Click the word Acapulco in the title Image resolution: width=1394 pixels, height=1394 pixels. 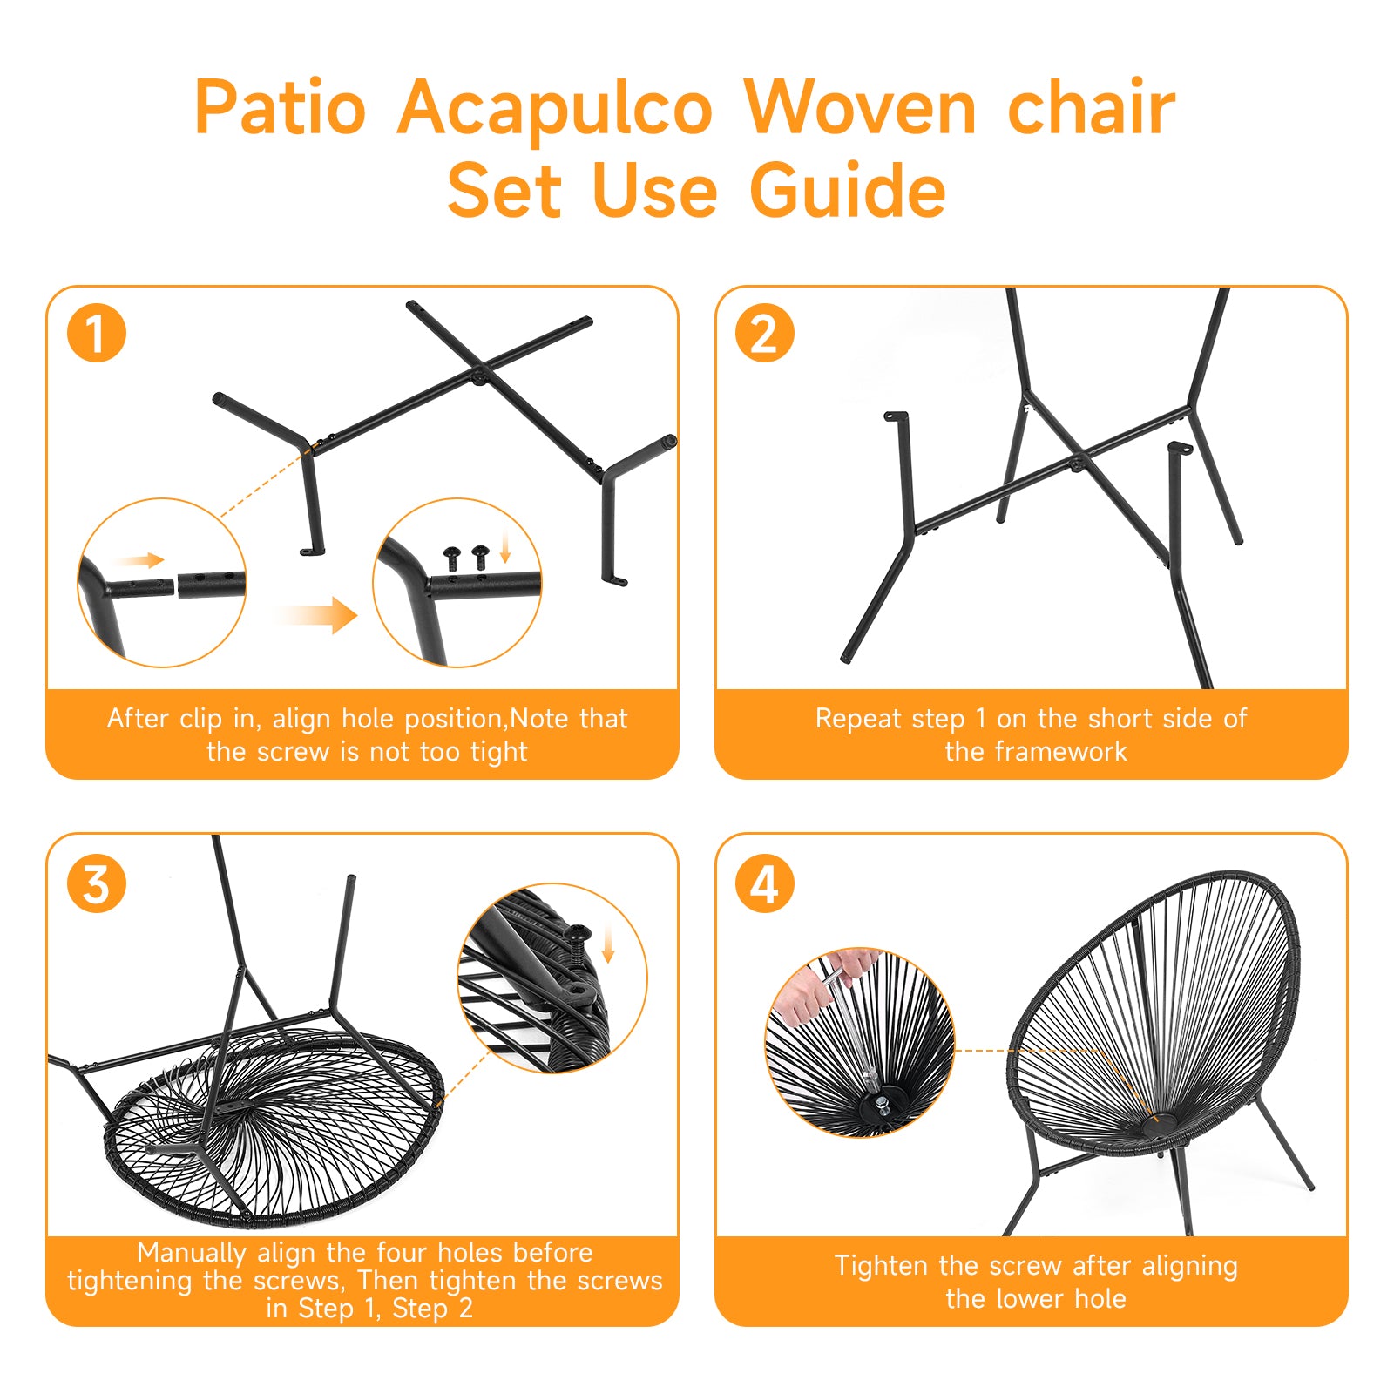(555, 109)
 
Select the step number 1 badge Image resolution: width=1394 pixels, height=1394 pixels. (97, 333)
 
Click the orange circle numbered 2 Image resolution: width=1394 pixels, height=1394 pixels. (764, 333)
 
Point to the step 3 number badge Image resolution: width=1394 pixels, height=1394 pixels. (97, 883)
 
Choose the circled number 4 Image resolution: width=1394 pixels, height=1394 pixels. (764, 883)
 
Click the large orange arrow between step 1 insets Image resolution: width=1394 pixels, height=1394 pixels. (322, 615)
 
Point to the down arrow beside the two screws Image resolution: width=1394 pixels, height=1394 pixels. (505, 547)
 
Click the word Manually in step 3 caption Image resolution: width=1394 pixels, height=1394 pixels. (192, 1253)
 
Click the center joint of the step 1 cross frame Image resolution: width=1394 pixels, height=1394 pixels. (478, 375)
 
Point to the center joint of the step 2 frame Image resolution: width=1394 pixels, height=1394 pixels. (1078, 462)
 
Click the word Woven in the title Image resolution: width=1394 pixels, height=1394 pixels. (860, 109)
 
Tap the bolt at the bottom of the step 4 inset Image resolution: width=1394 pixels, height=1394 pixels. (882, 1106)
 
